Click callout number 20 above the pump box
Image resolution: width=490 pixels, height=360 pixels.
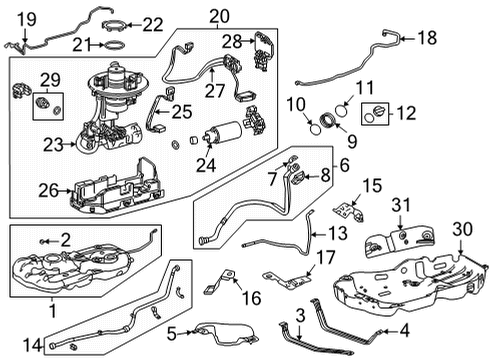click(218, 14)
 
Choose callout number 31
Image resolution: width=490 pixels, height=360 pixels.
click(400, 205)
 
